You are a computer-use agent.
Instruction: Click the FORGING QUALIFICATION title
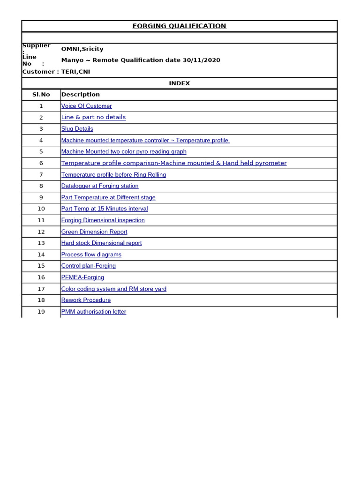click(x=179, y=26)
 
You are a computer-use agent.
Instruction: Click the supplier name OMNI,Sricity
click(x=82, y=49)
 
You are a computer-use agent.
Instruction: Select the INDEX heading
click(x=179, y=83)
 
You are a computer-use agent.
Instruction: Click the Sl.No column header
click(x=41, y=95)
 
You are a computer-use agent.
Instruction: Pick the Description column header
click(x=80, y=95)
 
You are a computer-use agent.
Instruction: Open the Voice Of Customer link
click(x=86, y=106)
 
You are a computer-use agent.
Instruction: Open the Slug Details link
click(x=77, y=129)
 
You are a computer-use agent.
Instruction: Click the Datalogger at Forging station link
click(x=100, y=186)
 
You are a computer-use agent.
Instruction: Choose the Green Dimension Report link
click(x=94, y=232)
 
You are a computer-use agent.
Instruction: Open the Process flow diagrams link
click(x=91, y=255)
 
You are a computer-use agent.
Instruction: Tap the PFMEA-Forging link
click(x=82, y=277)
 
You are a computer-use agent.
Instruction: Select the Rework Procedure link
click(x=86, y=300)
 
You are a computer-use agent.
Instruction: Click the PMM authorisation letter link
click(x=93, y=312)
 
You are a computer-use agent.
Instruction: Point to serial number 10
click(x=41, y=209)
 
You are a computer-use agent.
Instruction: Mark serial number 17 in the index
click(x=41, y=289)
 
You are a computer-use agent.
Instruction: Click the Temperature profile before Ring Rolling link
click(x=113, y=175)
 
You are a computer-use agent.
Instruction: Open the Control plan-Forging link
click(x=88, y=266)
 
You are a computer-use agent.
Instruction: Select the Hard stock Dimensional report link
click(x=101, y=243)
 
